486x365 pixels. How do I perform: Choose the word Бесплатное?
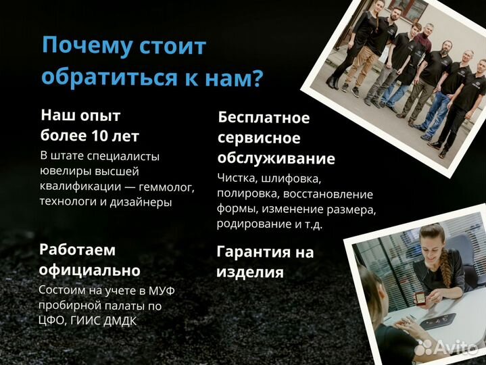coord(264,118)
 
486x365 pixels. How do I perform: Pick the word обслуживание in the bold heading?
coord(276,159)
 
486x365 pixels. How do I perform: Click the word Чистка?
coord(240,178)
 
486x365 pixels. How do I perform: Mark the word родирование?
coord(247,224)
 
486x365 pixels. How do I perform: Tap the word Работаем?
coord(77,249)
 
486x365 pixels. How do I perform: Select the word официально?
coord(90,270)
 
